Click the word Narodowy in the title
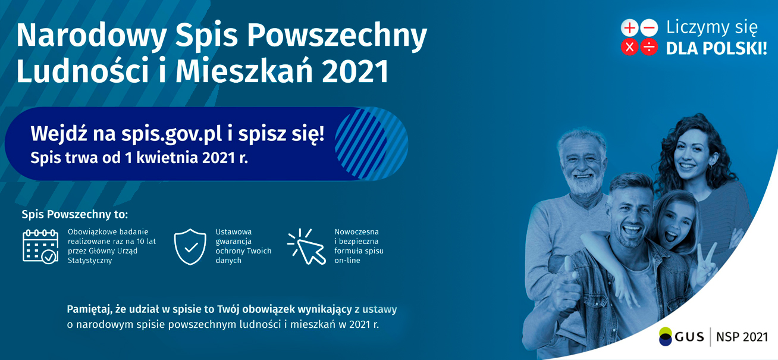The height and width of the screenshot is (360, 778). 92,36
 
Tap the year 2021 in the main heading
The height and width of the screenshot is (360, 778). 355,71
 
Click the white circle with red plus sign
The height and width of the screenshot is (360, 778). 630,28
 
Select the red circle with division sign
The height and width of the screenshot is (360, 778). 649,47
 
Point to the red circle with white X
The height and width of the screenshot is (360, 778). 630,47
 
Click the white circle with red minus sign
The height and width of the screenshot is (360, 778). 649,28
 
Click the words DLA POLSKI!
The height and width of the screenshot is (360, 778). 716,48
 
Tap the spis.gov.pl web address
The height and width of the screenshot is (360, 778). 171,134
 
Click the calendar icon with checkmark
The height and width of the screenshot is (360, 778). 40,246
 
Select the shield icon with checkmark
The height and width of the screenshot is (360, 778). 190,247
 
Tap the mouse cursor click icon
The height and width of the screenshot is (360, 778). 307,246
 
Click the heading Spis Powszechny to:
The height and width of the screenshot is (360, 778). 75,214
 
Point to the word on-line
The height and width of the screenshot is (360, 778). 347,260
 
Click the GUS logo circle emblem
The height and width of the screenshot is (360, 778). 666,336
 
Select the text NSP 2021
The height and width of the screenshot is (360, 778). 742,337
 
